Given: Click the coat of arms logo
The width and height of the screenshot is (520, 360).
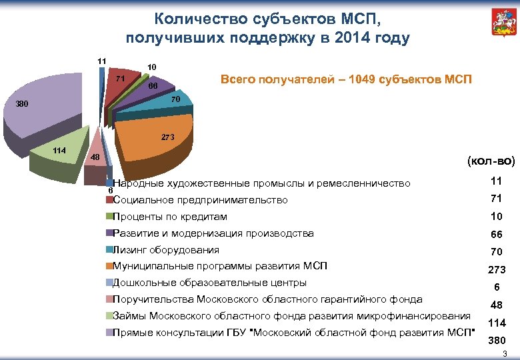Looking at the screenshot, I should point(498,24).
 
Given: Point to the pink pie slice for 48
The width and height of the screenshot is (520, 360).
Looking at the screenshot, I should point(97,154).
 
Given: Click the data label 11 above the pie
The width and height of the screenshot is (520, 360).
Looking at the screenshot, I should point(102,61).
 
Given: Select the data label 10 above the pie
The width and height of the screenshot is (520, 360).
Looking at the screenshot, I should point(152,67).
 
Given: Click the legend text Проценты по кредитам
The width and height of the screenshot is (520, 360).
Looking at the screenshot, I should point(170,217).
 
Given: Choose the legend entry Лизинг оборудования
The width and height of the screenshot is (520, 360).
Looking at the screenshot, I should point(166,250).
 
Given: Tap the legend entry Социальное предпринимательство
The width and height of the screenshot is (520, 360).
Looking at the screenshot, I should point(201,200).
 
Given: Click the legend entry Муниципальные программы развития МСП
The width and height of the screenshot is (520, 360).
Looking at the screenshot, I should point(220,266).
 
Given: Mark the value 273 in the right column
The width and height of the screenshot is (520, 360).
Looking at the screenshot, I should point(496,270).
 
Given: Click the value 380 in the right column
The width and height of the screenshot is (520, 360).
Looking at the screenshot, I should point(496,339).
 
